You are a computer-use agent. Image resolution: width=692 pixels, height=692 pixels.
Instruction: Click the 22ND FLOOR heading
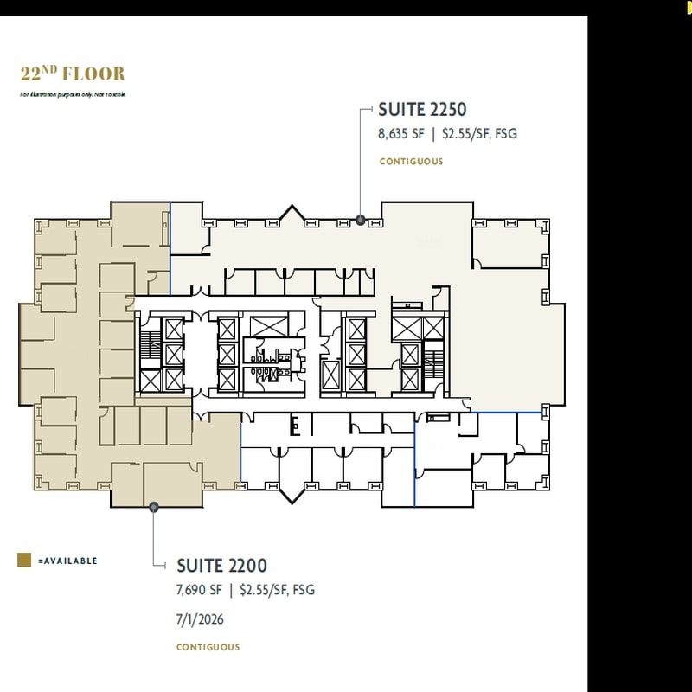pos(73,74)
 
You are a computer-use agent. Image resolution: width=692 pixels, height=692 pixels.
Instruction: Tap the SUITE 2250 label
pos(422,110)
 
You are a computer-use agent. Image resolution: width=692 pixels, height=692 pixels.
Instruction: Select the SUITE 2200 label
pos(222,566)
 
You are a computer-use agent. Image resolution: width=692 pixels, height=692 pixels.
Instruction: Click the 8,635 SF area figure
pos(399,134)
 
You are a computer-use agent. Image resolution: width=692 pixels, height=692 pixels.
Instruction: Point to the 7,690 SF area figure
pos(199,591)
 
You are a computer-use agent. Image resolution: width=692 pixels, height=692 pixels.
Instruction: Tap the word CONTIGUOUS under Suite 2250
pos(411,162)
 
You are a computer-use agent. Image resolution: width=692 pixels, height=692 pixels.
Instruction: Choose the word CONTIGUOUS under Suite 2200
pos(208,647)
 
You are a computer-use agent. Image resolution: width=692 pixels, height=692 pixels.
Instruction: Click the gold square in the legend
pos(25,561)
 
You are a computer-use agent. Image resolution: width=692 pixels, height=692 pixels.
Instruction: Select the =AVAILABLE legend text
pos(67,561)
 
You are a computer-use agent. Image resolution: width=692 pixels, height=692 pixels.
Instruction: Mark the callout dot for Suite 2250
pos(361,220)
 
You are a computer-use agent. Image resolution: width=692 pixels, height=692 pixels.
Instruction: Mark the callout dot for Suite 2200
pos(153,507)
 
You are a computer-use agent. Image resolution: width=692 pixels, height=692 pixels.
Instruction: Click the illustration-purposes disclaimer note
pos(73,93)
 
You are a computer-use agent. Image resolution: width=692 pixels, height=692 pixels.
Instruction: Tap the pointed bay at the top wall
pos(292,212)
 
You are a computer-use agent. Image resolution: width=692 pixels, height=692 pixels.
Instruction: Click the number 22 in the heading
pos(32,74)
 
